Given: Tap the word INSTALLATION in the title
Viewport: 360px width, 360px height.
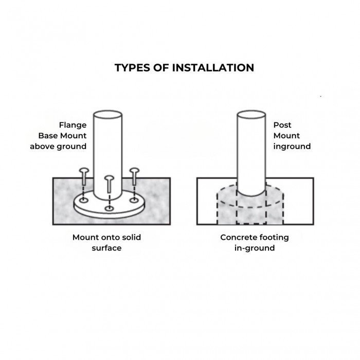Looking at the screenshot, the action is point(213,68).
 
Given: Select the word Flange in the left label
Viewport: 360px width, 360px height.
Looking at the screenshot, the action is point(73,125).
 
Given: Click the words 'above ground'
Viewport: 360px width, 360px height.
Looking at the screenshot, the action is point(58,147).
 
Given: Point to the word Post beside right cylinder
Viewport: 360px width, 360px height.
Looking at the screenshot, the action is point(282,125).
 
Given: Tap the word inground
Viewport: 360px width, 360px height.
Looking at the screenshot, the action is point(292,147).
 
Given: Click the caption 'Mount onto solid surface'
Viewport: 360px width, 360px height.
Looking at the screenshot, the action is point(106,242).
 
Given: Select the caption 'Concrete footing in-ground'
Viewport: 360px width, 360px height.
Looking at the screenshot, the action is point(255,242).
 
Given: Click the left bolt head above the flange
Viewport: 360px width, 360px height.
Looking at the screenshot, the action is point(84,171).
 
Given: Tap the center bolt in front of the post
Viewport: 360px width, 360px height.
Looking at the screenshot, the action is point(109,184).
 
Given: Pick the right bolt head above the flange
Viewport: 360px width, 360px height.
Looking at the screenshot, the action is point(134,171).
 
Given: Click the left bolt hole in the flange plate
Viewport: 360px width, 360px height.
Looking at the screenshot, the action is point(84,201).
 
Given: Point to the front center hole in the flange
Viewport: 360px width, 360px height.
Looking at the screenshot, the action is point(109,208).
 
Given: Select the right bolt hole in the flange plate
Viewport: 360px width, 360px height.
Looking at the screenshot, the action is point(134,200).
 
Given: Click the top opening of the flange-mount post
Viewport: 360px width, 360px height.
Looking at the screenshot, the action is point(107,115).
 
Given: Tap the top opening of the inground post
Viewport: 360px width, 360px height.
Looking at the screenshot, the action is point(251,115).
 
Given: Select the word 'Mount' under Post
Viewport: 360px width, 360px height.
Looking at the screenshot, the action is point(286,136).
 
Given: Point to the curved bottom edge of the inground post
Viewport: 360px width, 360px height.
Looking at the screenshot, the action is point(251,196).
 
